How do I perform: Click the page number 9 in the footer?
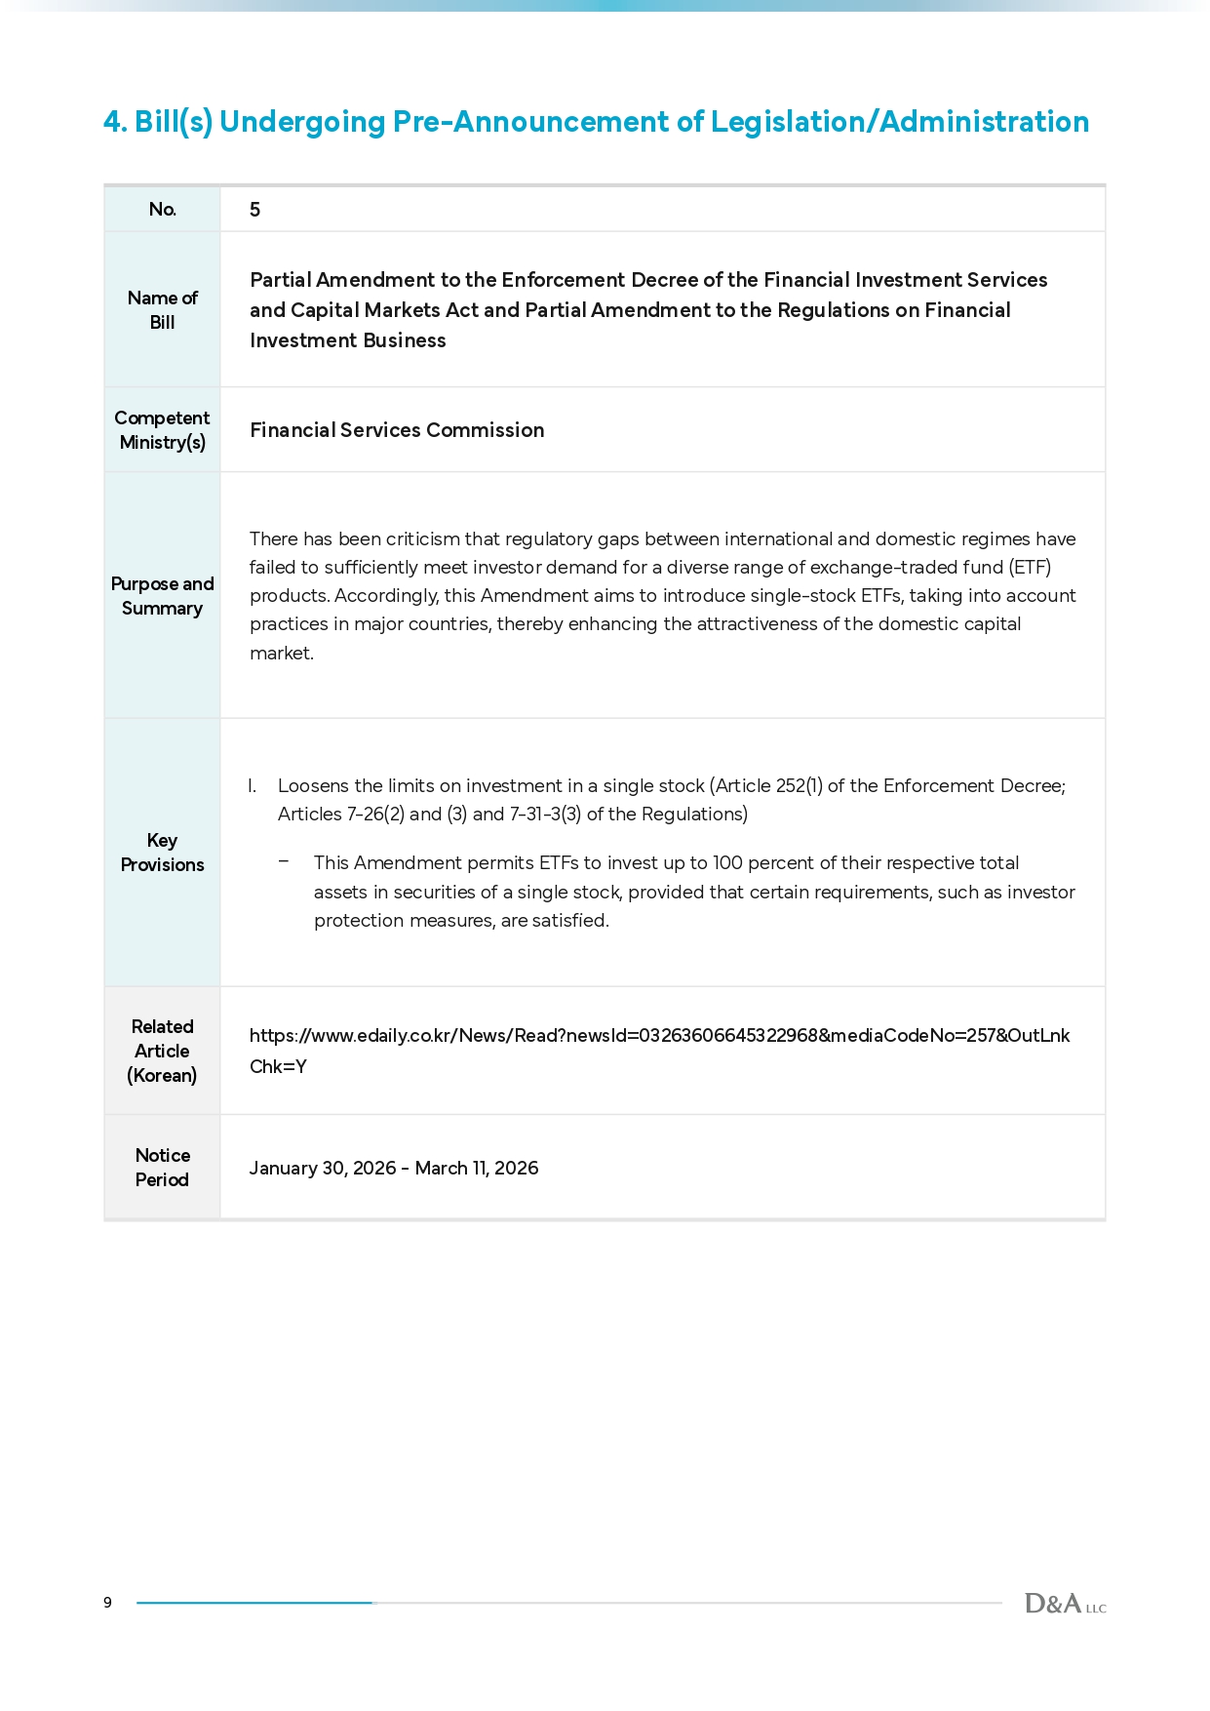click(107, 1602)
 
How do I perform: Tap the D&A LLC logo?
click(1065, 1603)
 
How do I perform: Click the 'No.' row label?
click(163, 209)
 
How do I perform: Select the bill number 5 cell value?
click(255, 210)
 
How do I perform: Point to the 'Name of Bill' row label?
click(163, 310)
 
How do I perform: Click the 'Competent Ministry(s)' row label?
click(162, 430)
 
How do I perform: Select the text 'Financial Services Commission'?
click(397, 430)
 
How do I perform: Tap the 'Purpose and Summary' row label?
click(162, 596)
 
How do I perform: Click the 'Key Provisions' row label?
click(162, 853)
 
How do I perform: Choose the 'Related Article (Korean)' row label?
click(162, 1051)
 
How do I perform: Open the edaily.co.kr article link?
click(659, 1036)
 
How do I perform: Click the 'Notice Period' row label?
click(162, 1168)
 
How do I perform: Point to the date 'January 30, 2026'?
click(322, 1169)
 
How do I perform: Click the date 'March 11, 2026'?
click(477, 1169)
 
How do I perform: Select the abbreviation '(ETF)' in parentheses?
click(1030, 568)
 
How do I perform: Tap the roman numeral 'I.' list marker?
click(252, 786)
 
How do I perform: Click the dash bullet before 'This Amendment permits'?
click(284, 861)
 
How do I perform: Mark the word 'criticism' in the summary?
click(423, 539)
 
